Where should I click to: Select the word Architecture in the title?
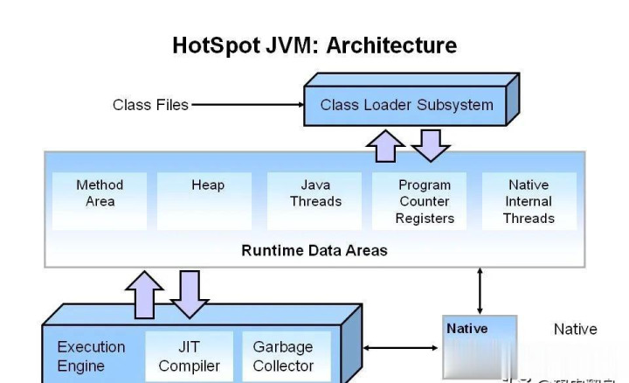coord(391,45)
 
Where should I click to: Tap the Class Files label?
coord(150,105)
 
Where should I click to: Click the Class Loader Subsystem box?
coord(406,106)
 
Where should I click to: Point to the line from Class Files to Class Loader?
coord(245,105)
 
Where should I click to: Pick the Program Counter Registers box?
coord(425,201)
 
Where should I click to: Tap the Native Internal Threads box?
coord(529,201)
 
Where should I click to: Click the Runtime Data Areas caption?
coord(314,250)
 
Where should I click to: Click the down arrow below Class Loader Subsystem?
coord(430,144)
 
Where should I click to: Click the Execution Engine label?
coord(91,356)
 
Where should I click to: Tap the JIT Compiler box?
coord(190,356)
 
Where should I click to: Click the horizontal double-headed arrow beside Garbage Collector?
coord(400,348)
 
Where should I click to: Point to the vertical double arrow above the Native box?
coord(479,290)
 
